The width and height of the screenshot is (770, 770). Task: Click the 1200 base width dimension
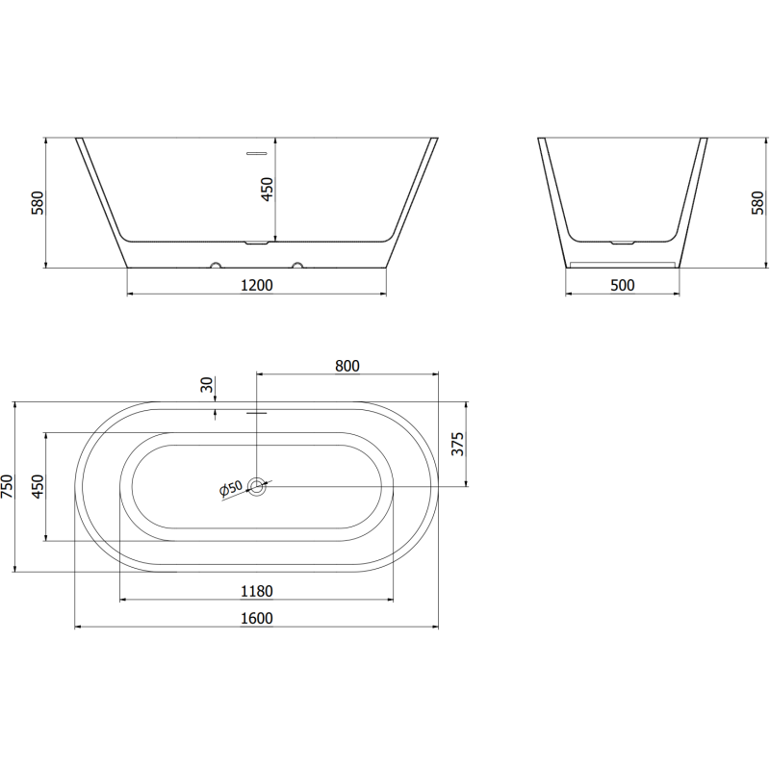pyautogui.click(x=257, y=285)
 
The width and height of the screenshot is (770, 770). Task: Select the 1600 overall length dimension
pyautogui.click(x=257, y=618)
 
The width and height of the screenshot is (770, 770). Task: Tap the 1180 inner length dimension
pyautogui.click(x=257, y=590)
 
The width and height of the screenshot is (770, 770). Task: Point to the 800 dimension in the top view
pyautogui.click(x=347, y=366)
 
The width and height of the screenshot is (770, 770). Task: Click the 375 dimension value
pyautogui.click(x=458, y=444)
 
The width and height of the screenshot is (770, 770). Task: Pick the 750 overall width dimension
pyautogui.click(x=9, y=486)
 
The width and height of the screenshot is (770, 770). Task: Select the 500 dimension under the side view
pyautogui.click(x=623, y=285)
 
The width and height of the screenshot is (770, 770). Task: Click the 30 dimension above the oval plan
pyautogui.click(x=206, y=385)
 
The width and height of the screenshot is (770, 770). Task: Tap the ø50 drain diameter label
pyautogui.click(x=232, y=489)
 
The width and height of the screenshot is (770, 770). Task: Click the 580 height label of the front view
pyautogui.click(x=38, y=203)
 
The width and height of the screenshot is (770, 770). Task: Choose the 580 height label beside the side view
pyautogui.click(x=757, y=203)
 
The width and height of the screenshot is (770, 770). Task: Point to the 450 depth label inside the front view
pyautogui.click(x=269, y=190)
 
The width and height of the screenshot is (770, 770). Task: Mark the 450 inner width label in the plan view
pyautogui.click(x=38, y=486)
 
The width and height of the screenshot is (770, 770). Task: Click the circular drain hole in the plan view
pyautogui.click(x=257, y=486)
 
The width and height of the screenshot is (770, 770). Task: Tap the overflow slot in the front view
pyautogui.click(x=257, y=152)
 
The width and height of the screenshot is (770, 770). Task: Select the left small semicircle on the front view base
pyautogui.click(x=216, y=264)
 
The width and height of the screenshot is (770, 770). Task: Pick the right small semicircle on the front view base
pyautogui.click(x=297, y=264)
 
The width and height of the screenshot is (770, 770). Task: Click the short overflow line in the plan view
pyautogui.click(x=257, y=413)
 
